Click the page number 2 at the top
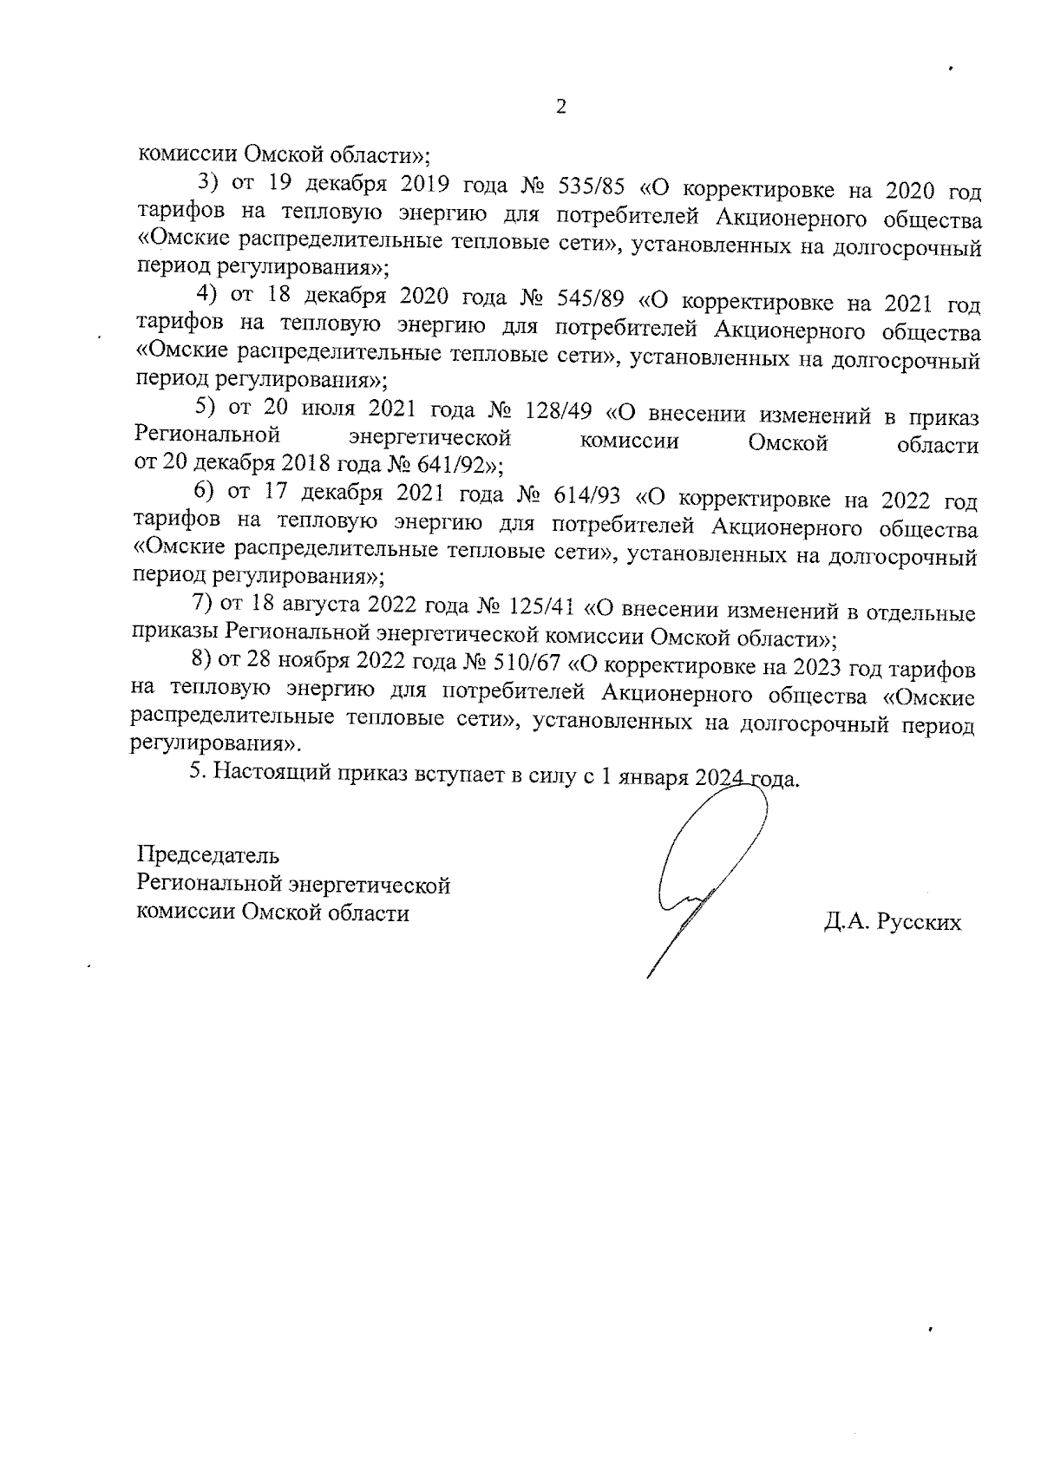560,108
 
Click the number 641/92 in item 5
451,463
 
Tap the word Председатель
208,855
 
